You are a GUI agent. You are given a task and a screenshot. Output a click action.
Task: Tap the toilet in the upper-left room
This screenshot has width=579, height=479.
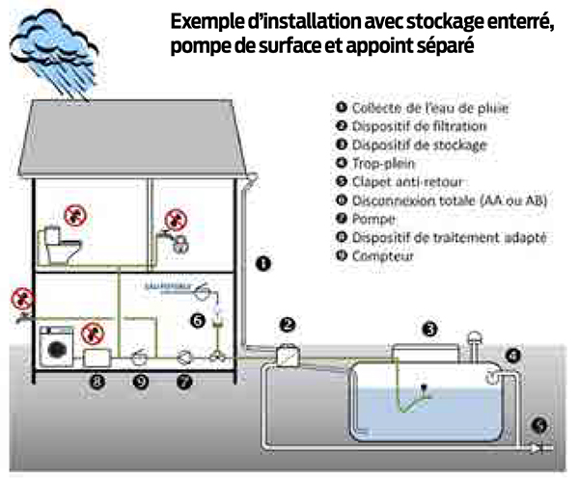coord(60,245)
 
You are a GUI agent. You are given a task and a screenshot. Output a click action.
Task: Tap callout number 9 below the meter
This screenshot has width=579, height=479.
coord(142,382)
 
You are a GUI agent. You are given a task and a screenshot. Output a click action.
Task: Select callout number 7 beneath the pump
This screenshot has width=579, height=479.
coord(185,382)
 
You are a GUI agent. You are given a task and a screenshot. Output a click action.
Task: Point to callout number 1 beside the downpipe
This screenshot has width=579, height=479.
coord(263,261)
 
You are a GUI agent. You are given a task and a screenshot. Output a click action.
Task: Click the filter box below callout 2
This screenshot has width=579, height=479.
coord(287,354)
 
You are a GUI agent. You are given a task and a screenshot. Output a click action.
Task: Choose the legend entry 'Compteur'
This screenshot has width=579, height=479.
coord(382,256)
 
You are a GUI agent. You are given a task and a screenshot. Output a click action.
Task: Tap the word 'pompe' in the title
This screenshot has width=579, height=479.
coord(201,46)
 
